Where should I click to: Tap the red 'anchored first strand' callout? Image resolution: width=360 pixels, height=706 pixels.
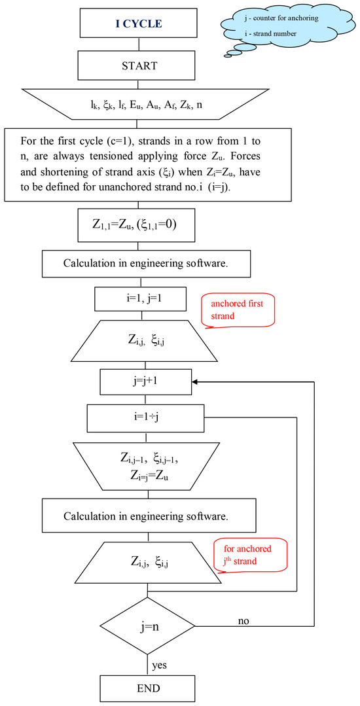pyautogui.click(x=238, y=309)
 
